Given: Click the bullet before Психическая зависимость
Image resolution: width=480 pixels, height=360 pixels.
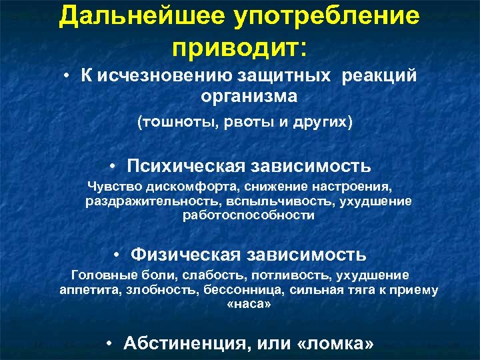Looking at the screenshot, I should [115, 165].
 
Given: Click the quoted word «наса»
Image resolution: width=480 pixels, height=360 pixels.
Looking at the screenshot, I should [249, 304].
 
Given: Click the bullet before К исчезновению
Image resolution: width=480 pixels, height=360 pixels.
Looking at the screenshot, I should [68, 76].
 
